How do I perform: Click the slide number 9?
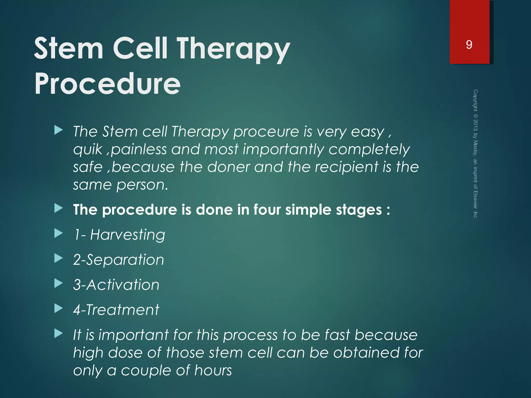point(469,45)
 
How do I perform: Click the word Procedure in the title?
point(107,83)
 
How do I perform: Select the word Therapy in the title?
point(233,49)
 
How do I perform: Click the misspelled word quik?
point(88,150)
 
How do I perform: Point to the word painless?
point(139,150)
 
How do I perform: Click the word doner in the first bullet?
point(228,167)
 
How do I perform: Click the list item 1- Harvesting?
point(119,235)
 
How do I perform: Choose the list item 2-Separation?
point(118,260)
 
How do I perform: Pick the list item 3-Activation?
point(116,285)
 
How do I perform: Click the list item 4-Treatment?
point(116,310)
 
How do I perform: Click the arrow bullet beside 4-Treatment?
point(59,308)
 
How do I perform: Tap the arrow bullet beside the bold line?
point(59,208)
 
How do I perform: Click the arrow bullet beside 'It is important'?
point(59,333)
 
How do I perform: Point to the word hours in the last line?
point(213,370)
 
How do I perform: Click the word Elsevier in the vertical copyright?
point(475,200)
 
